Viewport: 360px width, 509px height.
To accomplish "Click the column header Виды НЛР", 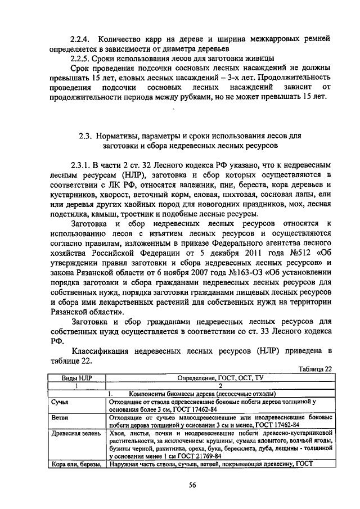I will click(x=76, y=378).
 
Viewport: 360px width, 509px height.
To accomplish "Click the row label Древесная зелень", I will click(x=75, y=434).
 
